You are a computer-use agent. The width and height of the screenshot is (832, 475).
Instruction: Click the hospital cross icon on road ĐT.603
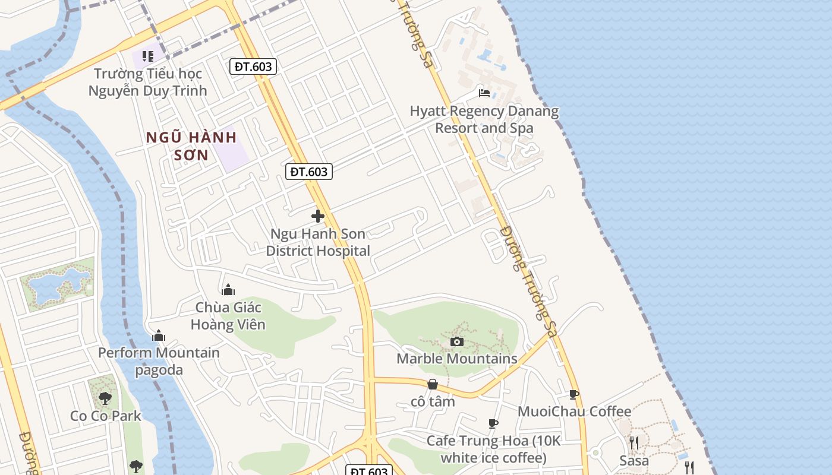[x=318, y=216]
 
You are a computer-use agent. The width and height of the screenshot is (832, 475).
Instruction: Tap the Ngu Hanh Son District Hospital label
[x=318, y=242]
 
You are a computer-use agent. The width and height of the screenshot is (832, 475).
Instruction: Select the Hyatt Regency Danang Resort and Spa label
[x=484, y=119]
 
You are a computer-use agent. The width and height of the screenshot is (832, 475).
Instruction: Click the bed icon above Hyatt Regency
[x=484, y=93]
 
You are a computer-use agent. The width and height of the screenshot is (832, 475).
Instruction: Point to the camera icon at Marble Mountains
[x=457, y=341]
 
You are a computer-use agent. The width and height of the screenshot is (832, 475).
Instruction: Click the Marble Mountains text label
[x=457, y=359]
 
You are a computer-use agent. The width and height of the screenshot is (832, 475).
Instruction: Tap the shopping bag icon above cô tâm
[x=433, y=385]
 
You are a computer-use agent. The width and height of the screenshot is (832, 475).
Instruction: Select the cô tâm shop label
[x=433, y=401]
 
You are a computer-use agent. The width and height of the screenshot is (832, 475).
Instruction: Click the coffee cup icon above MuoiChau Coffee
[x=573, y=394]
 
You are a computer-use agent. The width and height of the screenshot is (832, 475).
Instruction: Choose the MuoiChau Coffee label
[x=574, y=411]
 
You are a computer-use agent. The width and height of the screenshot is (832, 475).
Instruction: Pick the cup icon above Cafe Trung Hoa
[x=493, y=423]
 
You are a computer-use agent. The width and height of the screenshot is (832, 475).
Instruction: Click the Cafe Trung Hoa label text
[x=493, y=449]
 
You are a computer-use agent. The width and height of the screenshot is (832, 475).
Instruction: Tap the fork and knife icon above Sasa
[x=634, y=443]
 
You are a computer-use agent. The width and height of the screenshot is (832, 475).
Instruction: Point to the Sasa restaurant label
[x=634, y=460]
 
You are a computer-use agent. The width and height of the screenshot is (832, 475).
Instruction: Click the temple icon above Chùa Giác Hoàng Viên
[x=228, y=290]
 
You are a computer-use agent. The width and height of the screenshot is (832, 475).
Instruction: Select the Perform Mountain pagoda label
[x=159, y=361]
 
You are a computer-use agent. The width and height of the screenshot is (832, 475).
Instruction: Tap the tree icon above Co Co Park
[x=105, y=398]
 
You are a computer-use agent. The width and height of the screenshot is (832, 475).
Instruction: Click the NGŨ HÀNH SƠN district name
[x=192, y=146]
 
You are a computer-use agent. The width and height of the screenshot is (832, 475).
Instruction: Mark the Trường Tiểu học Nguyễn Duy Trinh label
[x=147, y=82]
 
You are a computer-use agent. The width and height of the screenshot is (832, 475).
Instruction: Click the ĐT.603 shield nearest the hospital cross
[x=308, y=172]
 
